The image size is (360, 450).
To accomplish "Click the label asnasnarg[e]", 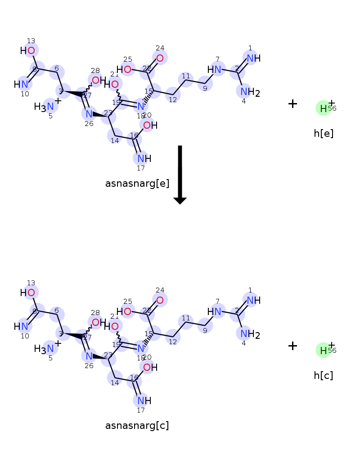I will (137, 184).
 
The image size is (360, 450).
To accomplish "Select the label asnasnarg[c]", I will (137, 426).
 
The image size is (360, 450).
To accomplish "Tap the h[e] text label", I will (324, 133).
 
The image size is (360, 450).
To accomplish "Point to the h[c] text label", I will (324, 375).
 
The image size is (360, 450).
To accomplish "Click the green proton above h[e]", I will (323, 108).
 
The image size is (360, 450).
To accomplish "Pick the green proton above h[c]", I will (323, 350).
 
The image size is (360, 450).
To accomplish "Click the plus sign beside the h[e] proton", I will (292, 104).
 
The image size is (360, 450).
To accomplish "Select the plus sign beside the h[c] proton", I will (292, 346).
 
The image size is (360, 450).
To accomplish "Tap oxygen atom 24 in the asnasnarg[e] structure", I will (160, 58).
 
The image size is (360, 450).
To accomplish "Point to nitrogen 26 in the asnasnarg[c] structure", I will (89, 356).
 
